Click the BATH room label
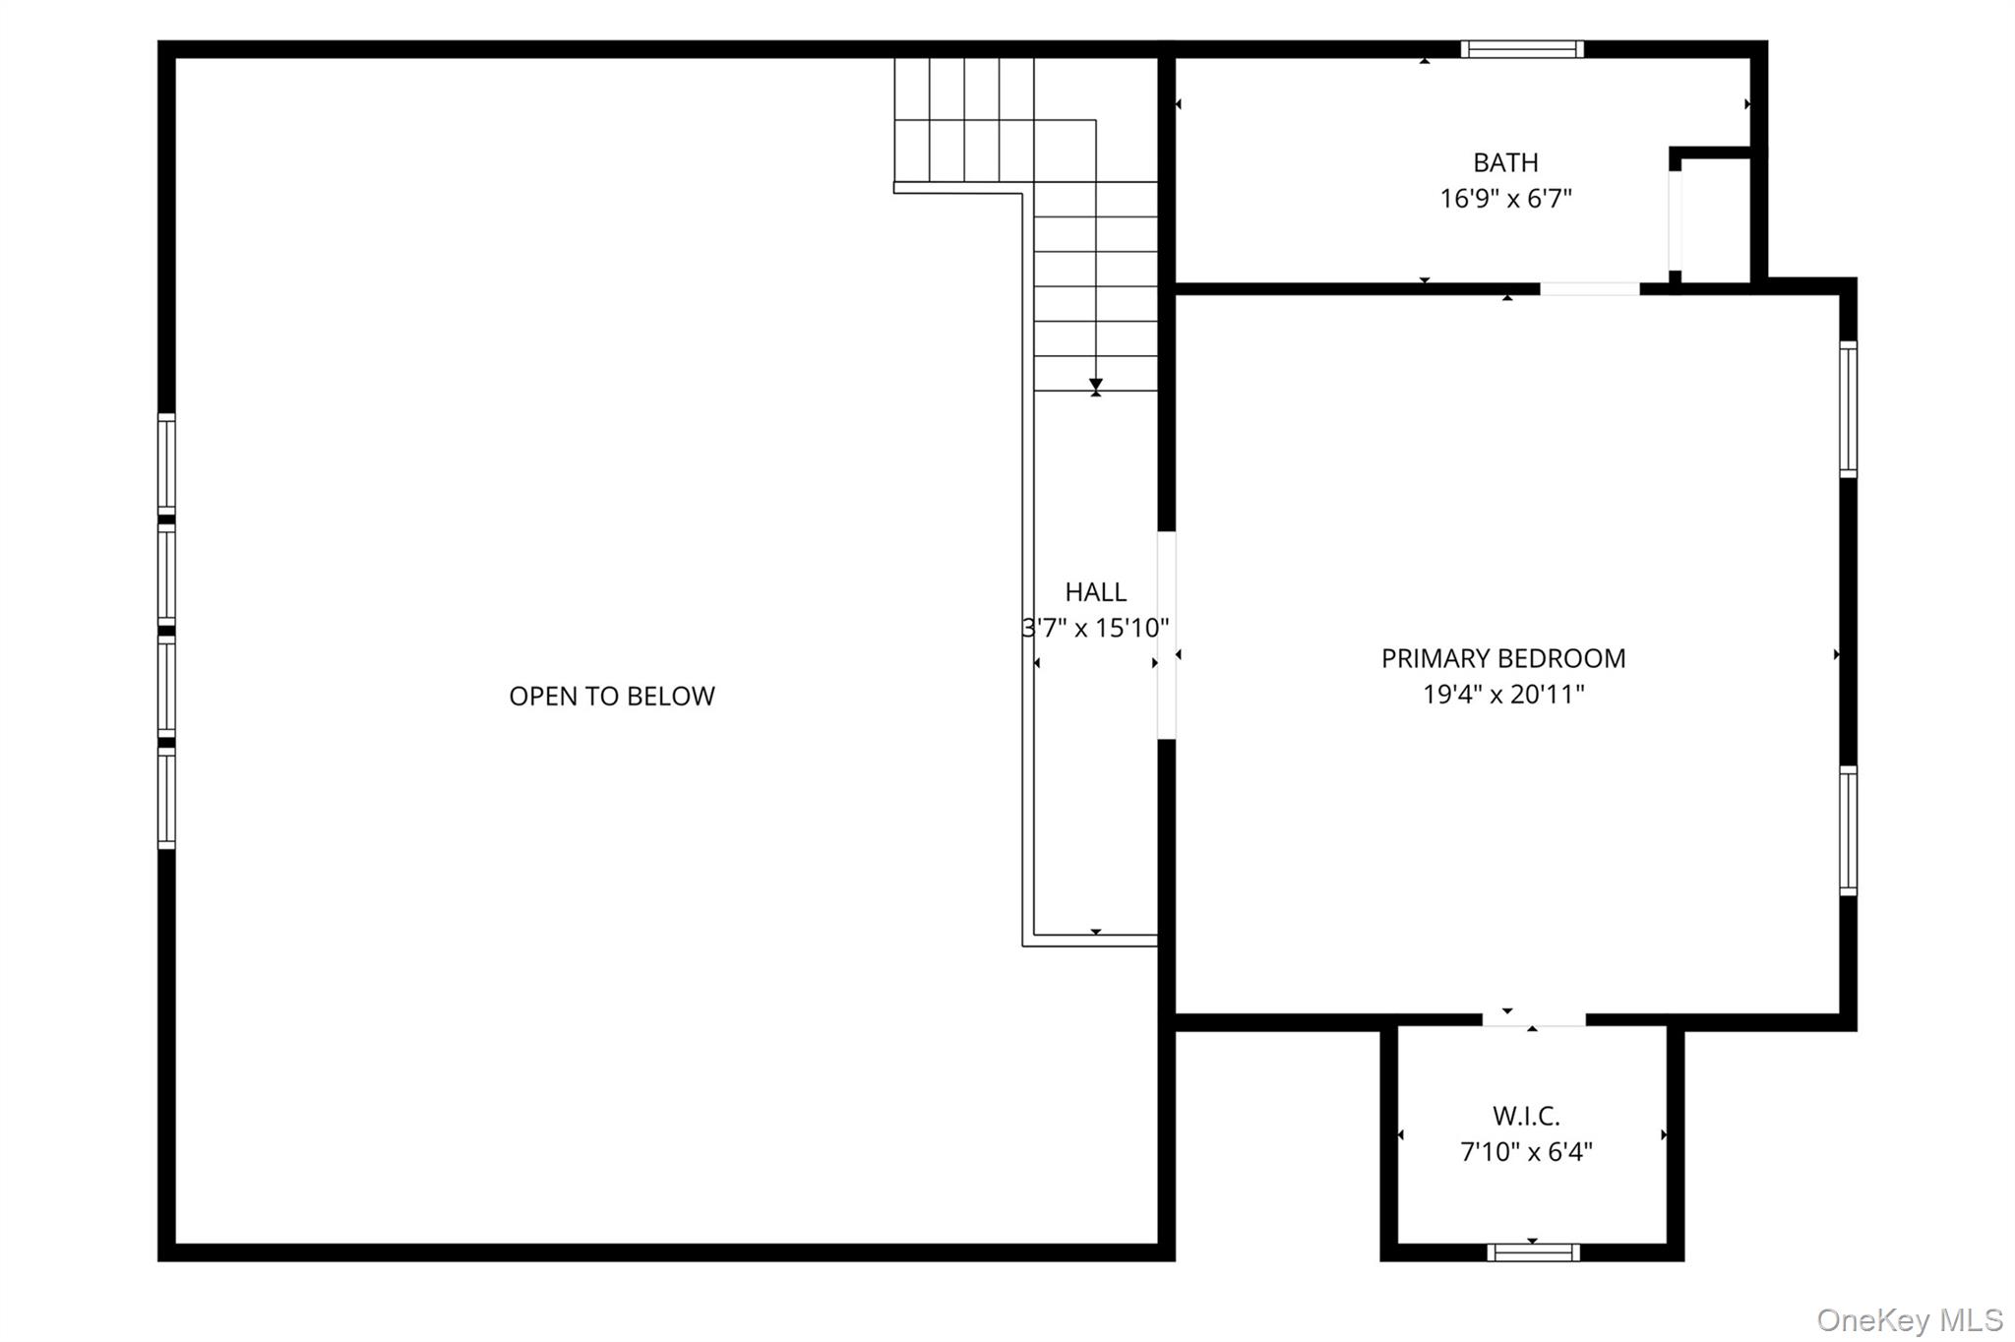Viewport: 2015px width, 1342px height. click(x=1505, y=162)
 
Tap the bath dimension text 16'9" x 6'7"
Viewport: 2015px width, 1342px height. click(x=1505, y=199)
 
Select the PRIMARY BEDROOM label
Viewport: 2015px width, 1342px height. click(x=1503, y=658)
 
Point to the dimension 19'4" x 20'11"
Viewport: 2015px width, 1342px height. click(x=1503, y=695)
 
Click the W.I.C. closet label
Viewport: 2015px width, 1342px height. click(x=1526, y=1116)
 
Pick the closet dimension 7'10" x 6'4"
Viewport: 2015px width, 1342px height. click(x=1526, y=1151)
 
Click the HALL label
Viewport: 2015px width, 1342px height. click(x=1095, y=591)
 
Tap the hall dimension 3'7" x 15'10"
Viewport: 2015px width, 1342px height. click(x=1095, y=628)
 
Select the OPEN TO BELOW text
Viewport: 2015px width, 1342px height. click(x=611, y=696)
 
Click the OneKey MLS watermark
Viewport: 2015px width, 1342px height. click(x=1909, y=1319)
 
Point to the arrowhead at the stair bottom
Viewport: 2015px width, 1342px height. click(x=1095, y=385)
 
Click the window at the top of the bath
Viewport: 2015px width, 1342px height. click(x=1521, y=49)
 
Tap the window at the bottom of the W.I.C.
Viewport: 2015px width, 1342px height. click(x=1533, y=1252)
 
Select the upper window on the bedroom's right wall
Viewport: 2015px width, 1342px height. click(x=1848, y=409)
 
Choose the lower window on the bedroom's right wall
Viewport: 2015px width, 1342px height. click(x=1848, y=830)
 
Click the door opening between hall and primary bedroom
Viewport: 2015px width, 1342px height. click(x=1166, y=635)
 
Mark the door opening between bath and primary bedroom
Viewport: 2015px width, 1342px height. click(x=1589, y=288)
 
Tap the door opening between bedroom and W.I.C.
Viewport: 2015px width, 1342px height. click(x=1534, y=1020)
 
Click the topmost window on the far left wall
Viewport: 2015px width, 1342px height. click(x=167, y=463)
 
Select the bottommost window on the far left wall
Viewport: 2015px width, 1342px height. click(x=167, y=798)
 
